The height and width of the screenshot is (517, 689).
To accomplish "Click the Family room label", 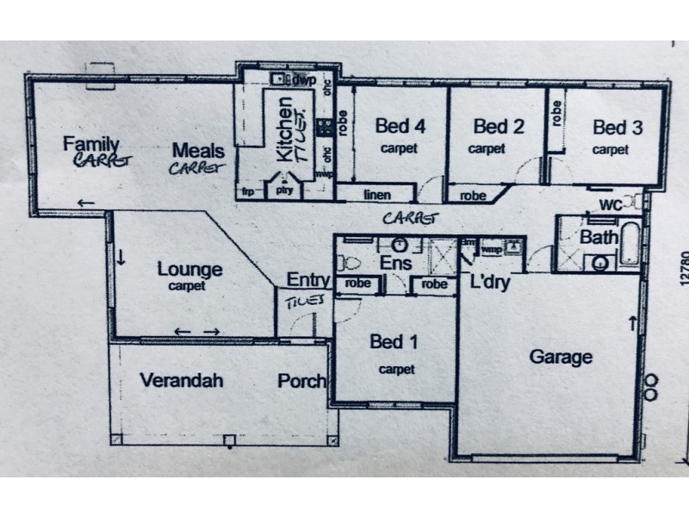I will click(x=90, y=144).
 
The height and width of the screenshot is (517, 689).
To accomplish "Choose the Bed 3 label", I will click(x=618, y=128).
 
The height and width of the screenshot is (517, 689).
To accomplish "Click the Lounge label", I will click(x=189, y=269).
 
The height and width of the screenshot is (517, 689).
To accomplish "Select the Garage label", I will click(x=561, y=356).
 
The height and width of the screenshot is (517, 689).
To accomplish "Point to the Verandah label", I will click(x=183, y=379).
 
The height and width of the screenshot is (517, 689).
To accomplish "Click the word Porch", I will click(x=301, y=380).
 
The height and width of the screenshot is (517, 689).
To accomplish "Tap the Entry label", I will click(x=307, y=279).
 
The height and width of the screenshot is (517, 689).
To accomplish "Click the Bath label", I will click(x=597, y=237).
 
